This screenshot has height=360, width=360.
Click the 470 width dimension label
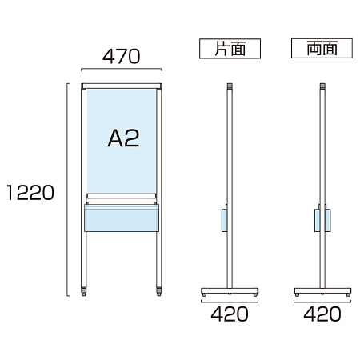pos(122,56)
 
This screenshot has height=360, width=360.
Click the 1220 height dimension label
pos(30,192)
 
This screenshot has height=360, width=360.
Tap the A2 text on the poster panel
pos(123,138)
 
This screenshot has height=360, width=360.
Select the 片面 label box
pos(230,49)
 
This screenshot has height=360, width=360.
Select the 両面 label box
pos(322,48)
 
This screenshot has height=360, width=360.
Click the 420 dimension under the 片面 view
pos(230,314)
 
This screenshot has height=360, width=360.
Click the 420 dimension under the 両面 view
pos(322,314)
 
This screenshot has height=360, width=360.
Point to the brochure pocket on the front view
pos(122,218)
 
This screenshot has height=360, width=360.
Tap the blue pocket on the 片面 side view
pos(224,220)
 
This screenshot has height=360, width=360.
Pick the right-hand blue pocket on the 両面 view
pos(328,220)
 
